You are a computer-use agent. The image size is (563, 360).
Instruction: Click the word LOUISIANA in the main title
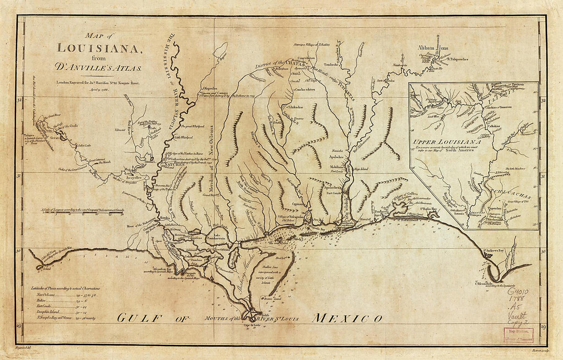point(100,49)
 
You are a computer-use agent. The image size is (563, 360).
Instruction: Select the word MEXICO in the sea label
point(347,318)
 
